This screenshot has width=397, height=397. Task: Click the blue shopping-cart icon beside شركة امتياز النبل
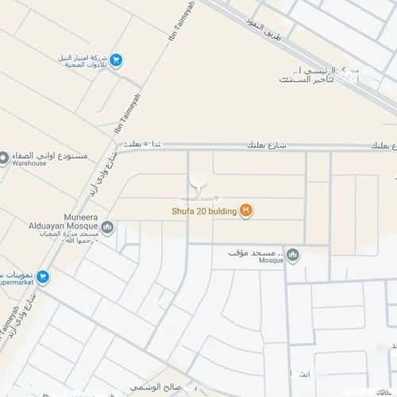point(116,60)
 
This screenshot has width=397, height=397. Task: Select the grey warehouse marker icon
point(4,158)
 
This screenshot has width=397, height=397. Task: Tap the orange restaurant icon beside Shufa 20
point(246,210)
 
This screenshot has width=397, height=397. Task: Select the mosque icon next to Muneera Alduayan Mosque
point(107,229)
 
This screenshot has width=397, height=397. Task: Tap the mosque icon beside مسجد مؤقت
point(293,255)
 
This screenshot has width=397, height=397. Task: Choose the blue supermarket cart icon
point(43,277)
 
